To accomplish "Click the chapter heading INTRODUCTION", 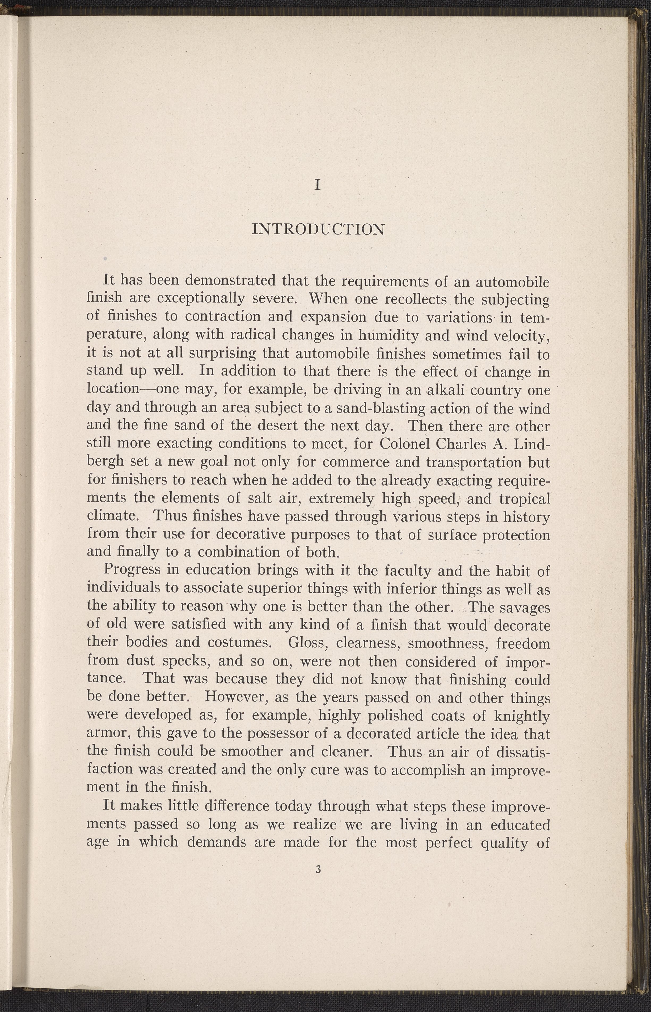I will pyautogui.click(x=318, y=230).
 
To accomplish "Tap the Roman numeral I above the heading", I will pyautogui.click(x=318, y=185).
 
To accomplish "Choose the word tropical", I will pyautogui.click(x=524, y=499).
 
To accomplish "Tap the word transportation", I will pyautogui.click(x=474, y=462).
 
